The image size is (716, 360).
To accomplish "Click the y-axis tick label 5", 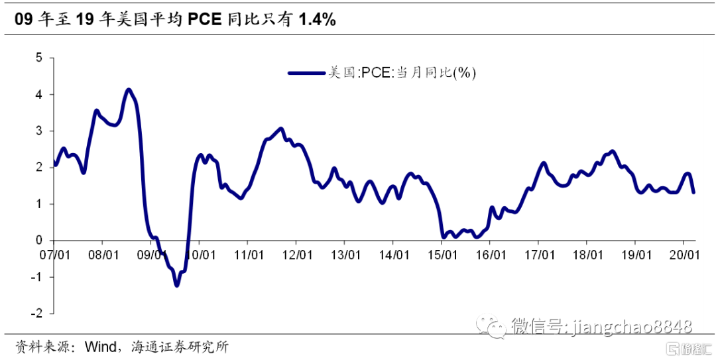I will pos(39,58).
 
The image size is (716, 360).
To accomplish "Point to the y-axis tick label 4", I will pos(39,95).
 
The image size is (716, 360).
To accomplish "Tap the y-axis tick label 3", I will pos(39,131).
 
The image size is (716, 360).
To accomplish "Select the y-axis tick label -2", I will pos(37,313).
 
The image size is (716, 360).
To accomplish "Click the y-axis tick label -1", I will pos(37,276).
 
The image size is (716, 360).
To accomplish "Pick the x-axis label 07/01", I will pos(56,255).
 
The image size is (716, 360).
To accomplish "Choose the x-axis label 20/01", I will pos(684,255).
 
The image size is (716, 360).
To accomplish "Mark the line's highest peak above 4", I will pos(129,90).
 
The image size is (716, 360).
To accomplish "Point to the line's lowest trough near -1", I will pos(176,285).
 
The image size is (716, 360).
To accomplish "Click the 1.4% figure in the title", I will pos(317,20).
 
